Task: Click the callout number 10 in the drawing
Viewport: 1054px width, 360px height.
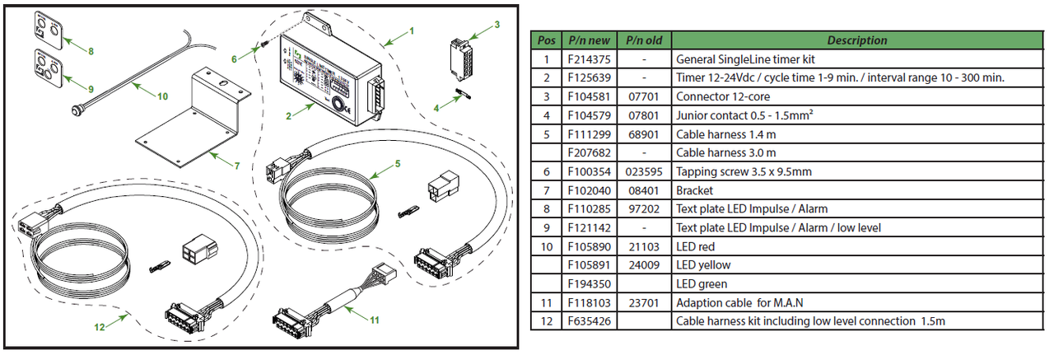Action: click(x=162, y=96)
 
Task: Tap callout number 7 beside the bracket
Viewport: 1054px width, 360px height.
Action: click(x=236, y=166)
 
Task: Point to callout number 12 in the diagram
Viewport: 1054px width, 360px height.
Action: click(x=99, y=327)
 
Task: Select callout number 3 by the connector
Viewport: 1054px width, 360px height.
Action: click(x=497, y=25)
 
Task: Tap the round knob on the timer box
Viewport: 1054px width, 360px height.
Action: click(x=340, y=105)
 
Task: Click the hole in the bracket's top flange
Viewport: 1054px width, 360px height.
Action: click(x=222, y=84)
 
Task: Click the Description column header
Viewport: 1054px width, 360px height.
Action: click(x=857, y=40)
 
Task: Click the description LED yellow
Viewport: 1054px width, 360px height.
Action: click(x=702, y=265)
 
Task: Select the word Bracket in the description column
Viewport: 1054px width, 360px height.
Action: click(x=694, y=190)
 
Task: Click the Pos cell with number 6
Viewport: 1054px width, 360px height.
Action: click(x=545, y=171)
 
